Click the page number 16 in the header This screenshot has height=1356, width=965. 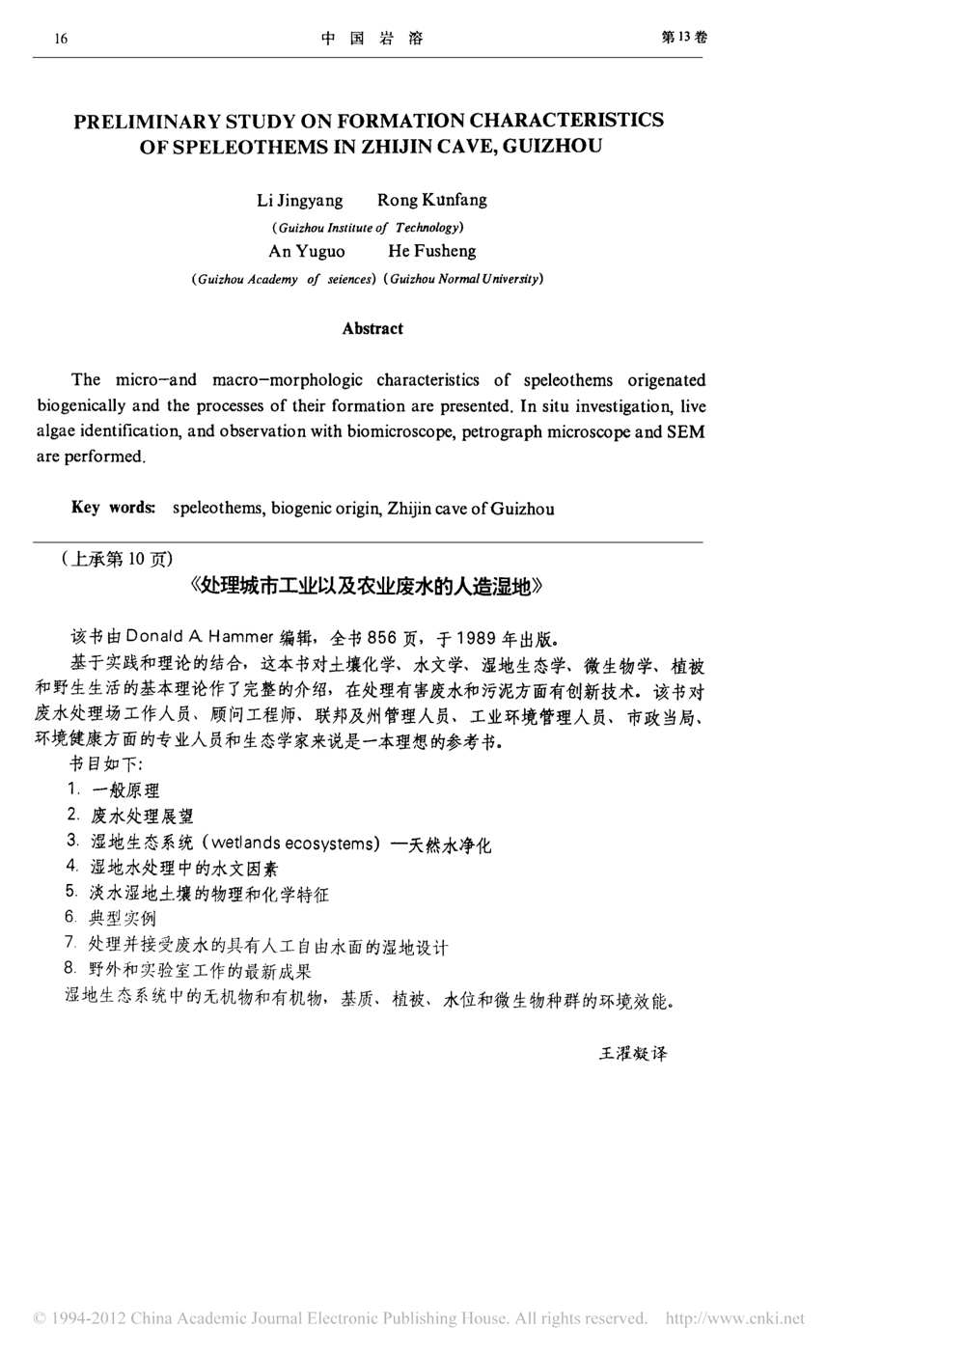pos(61,39)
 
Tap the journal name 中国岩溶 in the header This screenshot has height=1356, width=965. pos(372,39)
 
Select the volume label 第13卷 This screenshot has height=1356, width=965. pos(683,37)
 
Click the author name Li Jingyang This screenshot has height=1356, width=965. pos(299,201)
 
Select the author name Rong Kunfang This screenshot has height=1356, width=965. pos(431,201)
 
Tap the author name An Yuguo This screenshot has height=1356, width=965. pos(306,252)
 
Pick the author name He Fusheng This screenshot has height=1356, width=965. pos(431,252)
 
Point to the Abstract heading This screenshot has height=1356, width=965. pos(372,328)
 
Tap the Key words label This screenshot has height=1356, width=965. pos(113,508)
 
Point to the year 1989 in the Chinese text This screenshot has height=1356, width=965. pos(478,637)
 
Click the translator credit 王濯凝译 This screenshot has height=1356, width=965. pos(633,1053)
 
